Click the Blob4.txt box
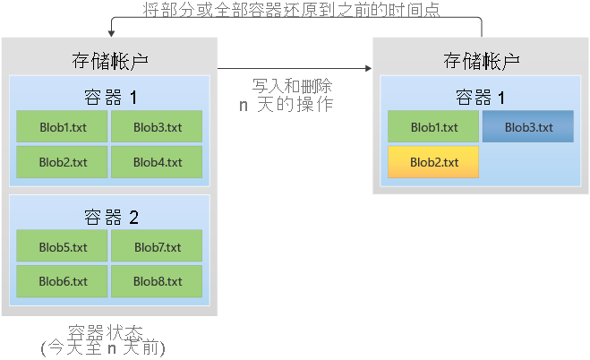point(157,162)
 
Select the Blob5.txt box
point(63,246)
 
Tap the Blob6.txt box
point(63,281)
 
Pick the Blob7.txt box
point(157,246)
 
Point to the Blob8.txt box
point(157,281)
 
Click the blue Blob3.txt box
point(528,127)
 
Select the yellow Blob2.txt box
point(434,162)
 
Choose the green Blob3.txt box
point(157,127)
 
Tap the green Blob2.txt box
point(63,162)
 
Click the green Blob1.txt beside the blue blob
point(434,127)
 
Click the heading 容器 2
point(110,216)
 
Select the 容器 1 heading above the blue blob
point(481,97)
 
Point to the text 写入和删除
point(293,86)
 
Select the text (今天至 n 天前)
point(104,348)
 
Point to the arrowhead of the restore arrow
point(111,33)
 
